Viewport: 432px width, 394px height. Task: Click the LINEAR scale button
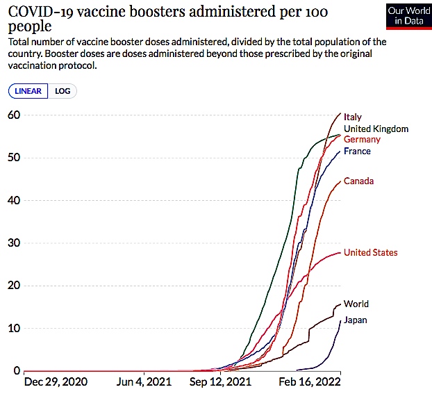tap(28, 91)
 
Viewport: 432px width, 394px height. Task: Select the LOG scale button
tap(63, 91)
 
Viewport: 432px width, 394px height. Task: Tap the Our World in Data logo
tap(409, 16)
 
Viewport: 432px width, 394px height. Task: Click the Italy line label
tap(353, 117)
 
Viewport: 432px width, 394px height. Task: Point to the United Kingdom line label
tap(376, 129)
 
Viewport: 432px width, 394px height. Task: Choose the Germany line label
tap(362, 140)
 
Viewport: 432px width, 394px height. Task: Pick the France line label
tap(357, 151)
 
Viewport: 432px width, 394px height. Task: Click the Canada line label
tap(358, 181)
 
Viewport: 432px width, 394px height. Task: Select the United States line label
tap(371, 252)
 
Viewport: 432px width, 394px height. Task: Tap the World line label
tap(356, 304)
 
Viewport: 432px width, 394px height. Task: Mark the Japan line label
tap(356, 320)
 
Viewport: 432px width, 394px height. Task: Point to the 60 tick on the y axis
tap(14, 115)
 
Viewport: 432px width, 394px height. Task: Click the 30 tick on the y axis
tap(14, 243)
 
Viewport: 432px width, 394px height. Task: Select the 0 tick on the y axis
tap(17, 370)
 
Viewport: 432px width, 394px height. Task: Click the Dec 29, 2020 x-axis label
tap(56, 382)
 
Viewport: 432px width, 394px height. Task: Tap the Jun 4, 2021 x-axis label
tap(144, 382)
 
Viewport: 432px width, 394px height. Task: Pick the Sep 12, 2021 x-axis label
tap(220, 382)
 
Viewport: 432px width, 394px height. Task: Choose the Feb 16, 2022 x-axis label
tap(310, 382)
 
